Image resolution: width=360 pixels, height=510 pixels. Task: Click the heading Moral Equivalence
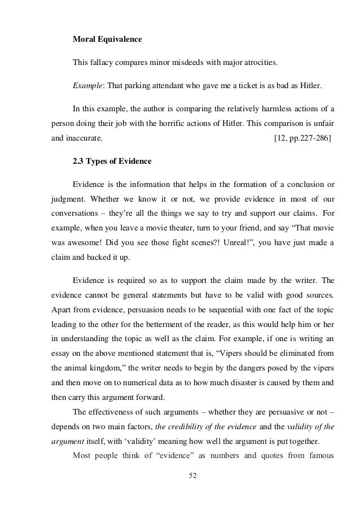(107, 40)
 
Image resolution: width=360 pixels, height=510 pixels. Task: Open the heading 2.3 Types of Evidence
(112, 162)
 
